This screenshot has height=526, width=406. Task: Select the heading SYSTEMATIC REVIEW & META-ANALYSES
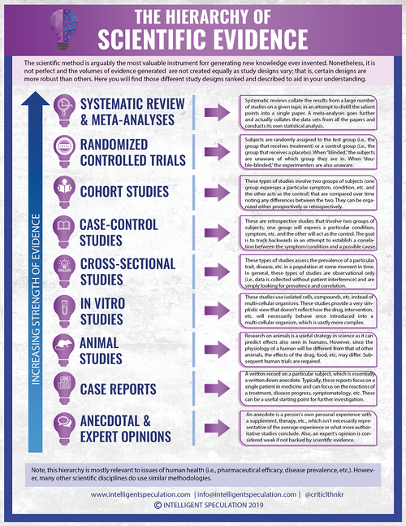click(x=138, y=113)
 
